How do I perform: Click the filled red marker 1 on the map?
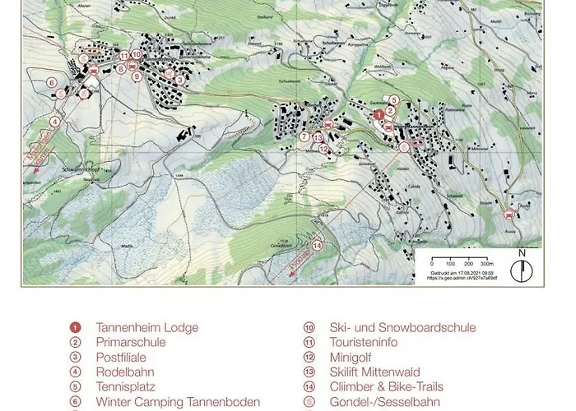(x=378, y=115)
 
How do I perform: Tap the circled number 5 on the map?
(x=394, y=100)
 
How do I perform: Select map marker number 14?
(x=317, y=244)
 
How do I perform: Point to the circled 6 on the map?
(x=51, y=82)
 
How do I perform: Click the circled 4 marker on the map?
(x=55, y=121)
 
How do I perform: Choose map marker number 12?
(x=323, y=149)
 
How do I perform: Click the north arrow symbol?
(x=522, y=266)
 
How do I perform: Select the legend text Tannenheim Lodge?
(x=146, y=327)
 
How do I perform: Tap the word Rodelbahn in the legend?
(x=126, y=372)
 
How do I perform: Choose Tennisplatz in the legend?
(x=126, y=386)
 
